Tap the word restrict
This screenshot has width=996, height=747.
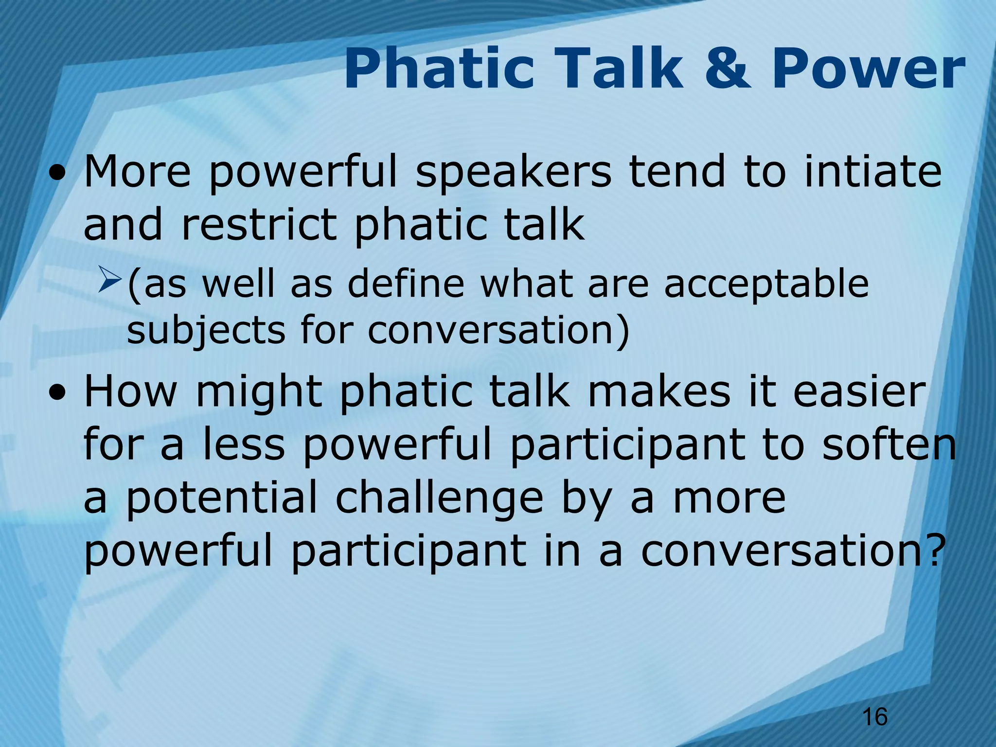click(259, 225)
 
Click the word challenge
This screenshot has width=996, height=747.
click(439, 500)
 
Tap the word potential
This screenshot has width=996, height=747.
click(221, 500)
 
